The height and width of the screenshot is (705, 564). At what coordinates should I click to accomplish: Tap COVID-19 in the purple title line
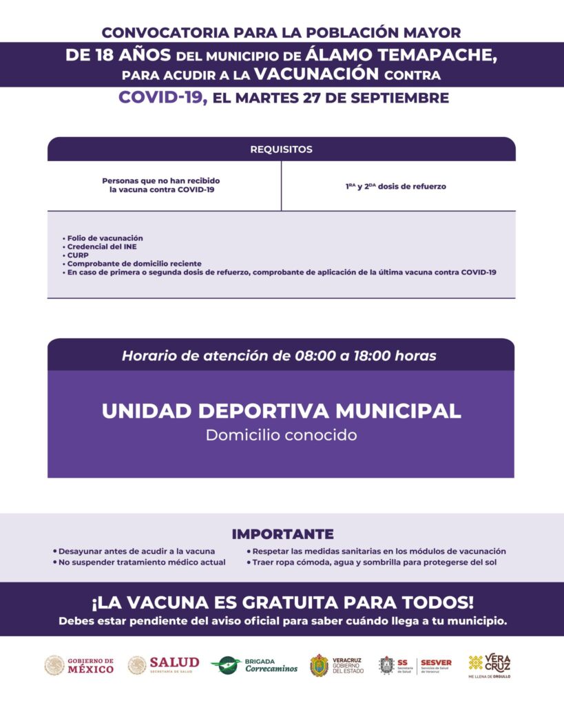click(162, 97)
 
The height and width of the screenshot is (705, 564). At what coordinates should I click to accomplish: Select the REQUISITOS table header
click(281, 149)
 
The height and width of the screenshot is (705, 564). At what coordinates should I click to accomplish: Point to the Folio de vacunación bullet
click(105, 238)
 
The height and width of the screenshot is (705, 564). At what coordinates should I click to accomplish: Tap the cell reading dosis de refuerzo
click(397, 186)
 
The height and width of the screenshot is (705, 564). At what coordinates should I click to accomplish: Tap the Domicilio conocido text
click(281, 435)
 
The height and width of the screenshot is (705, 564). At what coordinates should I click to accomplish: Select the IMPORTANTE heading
click(282, 534)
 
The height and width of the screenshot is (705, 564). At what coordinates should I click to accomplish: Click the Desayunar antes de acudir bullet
click(136, 551)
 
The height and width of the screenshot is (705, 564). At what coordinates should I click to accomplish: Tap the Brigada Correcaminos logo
click(254, 665)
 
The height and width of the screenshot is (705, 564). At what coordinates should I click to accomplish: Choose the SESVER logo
click(435, 665)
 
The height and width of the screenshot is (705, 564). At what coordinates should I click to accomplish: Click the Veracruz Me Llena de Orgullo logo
click(490, 666)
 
